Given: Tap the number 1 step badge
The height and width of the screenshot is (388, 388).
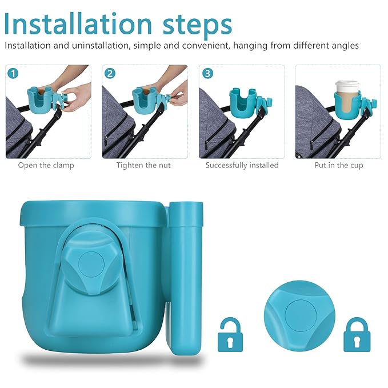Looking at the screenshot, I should (14, 73).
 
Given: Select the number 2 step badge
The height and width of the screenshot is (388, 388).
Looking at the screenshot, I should (110, 73).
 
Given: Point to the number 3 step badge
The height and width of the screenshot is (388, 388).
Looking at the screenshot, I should (207, 73).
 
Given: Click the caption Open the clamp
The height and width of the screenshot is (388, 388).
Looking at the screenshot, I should (46, 165).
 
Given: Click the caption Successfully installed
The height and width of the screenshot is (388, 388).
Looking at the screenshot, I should (242, 165).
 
